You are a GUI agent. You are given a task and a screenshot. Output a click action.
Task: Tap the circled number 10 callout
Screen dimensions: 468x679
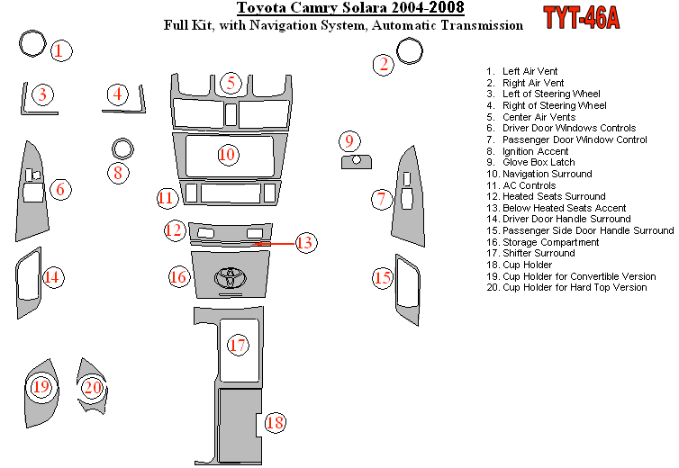click(x=227, y=155)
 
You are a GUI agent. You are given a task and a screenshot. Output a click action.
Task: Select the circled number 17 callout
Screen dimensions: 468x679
click(x=238, y=345)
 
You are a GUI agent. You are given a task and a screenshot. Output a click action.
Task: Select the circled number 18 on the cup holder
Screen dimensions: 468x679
click(x=275, y=422)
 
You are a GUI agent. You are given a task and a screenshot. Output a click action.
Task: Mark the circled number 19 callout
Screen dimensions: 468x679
click(x=41, y=388)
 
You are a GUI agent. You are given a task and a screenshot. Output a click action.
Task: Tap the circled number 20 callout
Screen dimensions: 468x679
click(x=92, y=388)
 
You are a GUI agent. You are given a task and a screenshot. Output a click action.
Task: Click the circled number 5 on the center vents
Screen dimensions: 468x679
click(x=231, y=84)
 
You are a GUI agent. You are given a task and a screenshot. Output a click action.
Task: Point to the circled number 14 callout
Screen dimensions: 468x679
click(x=53, y=277)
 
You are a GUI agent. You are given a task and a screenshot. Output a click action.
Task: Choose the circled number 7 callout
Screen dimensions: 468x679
click(x=382, y=199)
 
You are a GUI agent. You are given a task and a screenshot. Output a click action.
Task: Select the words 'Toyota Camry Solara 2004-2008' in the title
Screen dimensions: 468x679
click(x=351, y=10)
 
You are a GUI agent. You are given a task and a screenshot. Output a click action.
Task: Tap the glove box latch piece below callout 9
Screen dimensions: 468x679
click(x=357, y=161)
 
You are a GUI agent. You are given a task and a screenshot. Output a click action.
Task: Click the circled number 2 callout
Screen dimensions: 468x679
click(x=384, y=63)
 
